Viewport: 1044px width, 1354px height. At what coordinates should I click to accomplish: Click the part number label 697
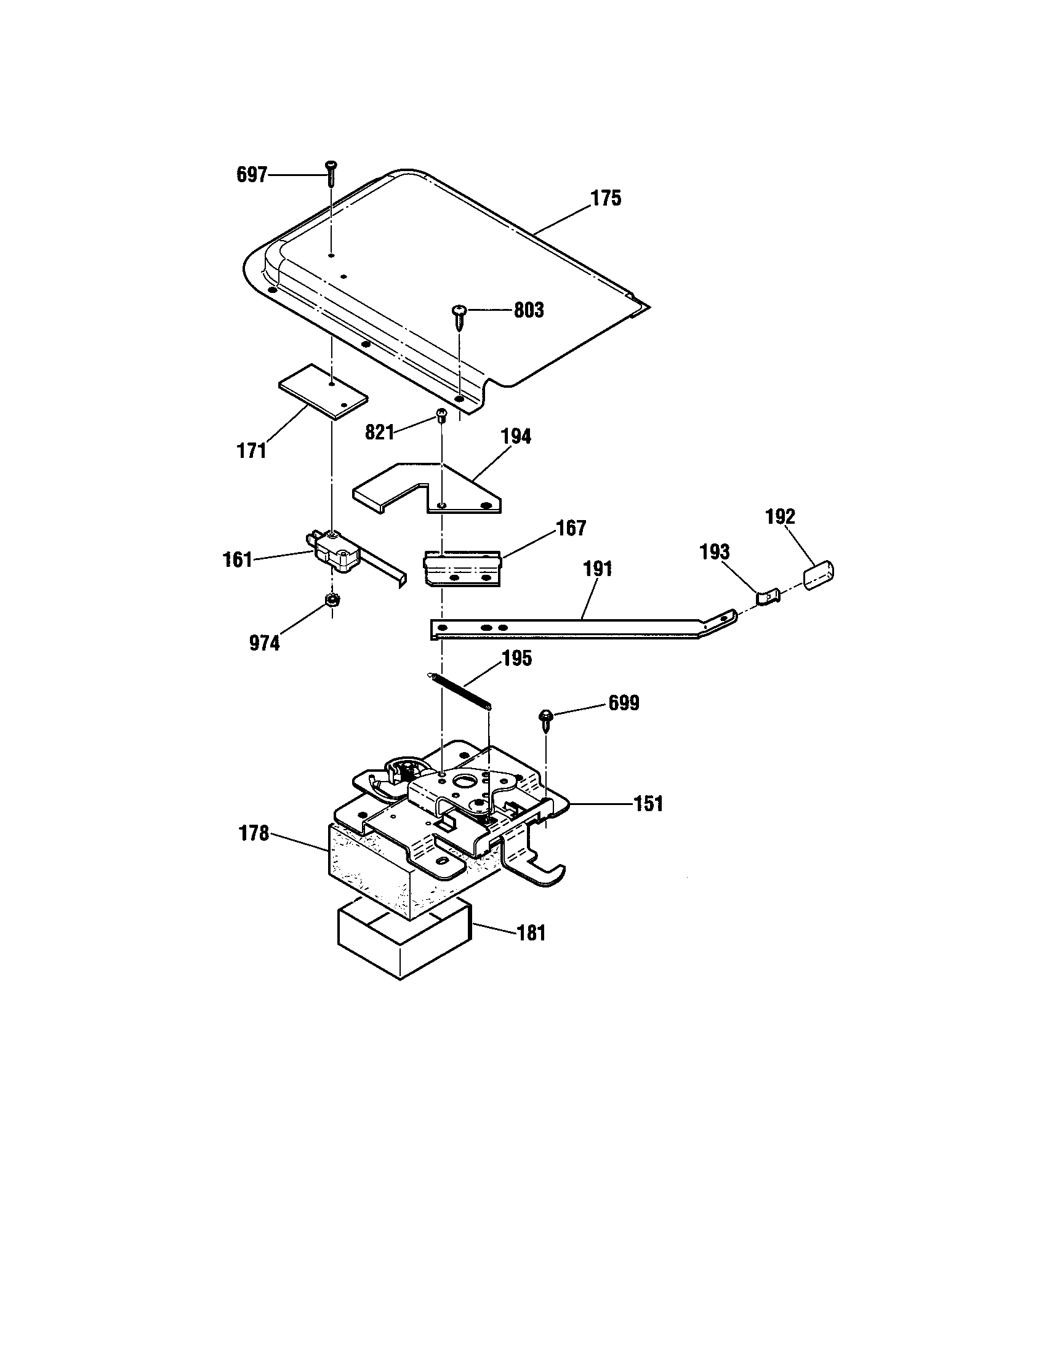pos(251,175)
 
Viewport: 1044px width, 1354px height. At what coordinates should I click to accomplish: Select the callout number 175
pos(605,198)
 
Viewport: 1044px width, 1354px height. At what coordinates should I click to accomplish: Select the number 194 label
pos(516,436)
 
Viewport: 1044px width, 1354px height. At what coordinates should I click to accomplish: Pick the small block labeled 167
pos(461,567)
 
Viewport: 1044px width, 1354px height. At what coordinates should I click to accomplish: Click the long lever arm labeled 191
pos(577,627)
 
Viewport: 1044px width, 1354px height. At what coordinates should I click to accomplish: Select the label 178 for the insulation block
pos(254,833)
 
